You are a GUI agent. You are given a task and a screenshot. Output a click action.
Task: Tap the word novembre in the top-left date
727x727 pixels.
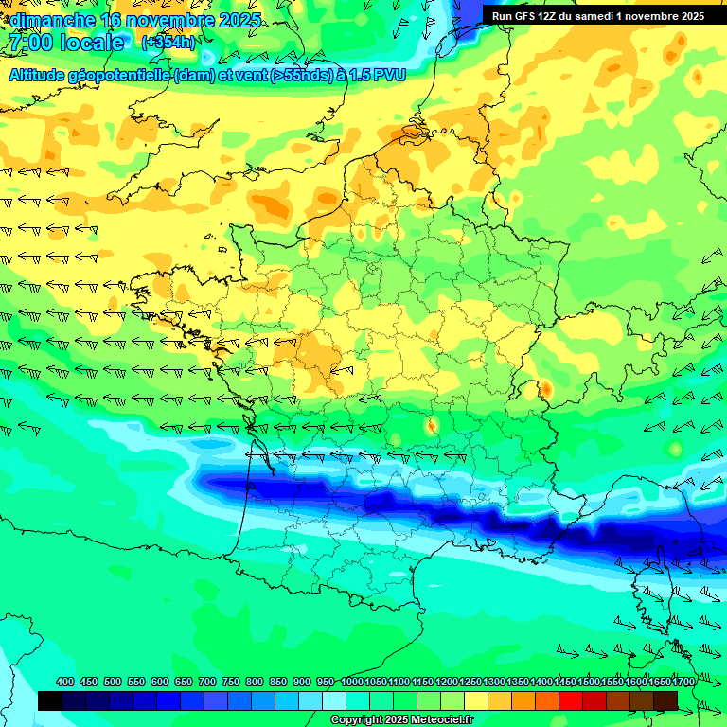169,20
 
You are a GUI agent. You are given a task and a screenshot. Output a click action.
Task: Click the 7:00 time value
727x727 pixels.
29,43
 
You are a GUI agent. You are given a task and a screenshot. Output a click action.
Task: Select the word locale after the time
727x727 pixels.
92,43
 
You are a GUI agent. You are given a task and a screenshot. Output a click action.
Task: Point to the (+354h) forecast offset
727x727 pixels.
168,43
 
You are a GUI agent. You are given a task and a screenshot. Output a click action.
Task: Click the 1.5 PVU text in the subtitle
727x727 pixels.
375,75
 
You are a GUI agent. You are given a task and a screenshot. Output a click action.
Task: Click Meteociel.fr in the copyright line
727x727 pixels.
442,720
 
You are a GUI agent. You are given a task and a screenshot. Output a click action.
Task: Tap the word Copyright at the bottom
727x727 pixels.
359,720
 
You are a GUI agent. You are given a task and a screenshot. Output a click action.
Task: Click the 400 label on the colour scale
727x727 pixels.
65,683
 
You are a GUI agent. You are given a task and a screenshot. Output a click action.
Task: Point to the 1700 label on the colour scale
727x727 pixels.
683,683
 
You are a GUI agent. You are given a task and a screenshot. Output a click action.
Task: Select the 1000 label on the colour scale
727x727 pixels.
351,683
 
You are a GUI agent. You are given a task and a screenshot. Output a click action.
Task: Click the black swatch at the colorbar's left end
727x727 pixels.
50,700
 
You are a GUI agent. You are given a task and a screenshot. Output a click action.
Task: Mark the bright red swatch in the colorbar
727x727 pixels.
571,700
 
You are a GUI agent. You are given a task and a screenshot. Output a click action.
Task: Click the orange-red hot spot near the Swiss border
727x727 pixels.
545,388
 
